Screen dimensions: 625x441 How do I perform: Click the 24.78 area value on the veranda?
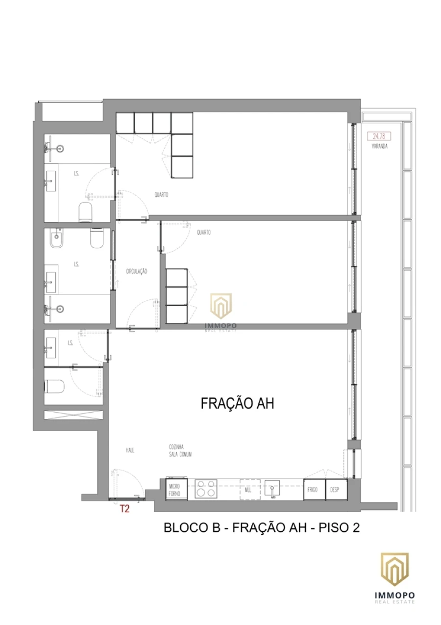(378, 136)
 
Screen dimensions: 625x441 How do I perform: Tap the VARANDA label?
(379, 146)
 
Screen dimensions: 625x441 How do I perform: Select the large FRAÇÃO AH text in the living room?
(237, 403)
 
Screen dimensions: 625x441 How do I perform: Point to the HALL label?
(129, 450)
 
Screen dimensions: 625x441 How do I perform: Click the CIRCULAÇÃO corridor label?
(137, 271)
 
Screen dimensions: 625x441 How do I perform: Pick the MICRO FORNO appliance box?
(176, 489)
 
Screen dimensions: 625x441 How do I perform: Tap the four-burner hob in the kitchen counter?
(206, 489)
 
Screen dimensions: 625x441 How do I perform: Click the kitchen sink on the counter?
(272, 489)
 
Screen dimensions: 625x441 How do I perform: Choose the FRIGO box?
(312, 490)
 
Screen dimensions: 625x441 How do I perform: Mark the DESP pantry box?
(336, 490)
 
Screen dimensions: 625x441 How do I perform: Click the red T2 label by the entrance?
(124, 509)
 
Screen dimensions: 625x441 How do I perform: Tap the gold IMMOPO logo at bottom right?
(394, 572)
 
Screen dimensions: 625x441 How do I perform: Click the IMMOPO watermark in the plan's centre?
(220, 309)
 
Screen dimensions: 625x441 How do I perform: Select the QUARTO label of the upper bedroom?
(161, 195)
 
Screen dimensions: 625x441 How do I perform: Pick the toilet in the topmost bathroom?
(86, 212)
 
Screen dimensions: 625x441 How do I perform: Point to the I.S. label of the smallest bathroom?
(70, 343)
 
